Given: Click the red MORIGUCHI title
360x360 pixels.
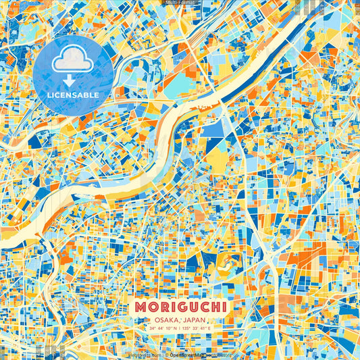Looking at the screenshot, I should coord(180,307).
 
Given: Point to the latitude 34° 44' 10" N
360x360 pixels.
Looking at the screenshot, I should coord(161,329).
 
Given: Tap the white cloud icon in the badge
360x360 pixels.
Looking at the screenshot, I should coord(72,61).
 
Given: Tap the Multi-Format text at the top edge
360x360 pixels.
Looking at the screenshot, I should coord(180,2).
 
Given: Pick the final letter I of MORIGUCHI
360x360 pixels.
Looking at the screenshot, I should coord(224,307).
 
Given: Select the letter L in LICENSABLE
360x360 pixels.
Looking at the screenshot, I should coord(49,95).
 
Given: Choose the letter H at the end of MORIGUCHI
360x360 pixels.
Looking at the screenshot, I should coord(215,307).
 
